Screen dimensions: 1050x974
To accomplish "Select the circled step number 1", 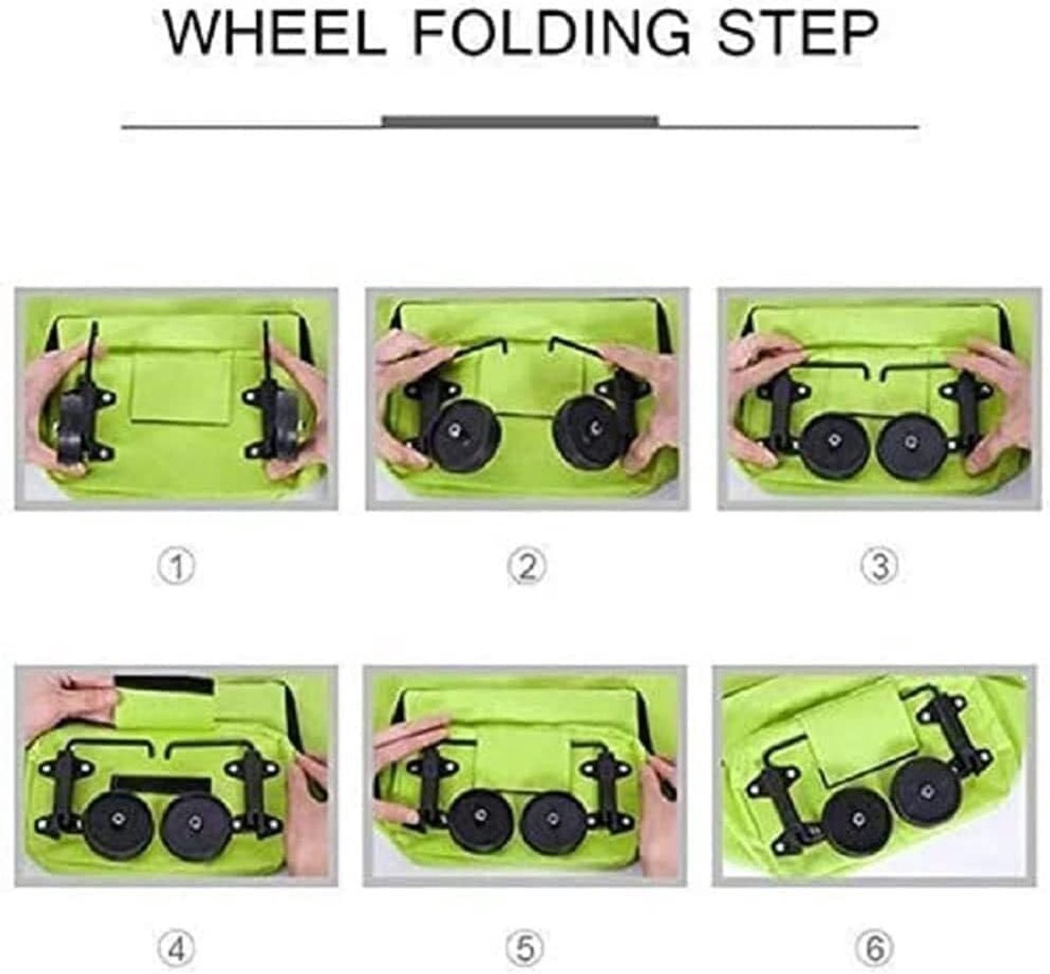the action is click(177, 567).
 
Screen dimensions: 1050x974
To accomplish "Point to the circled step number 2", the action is click(527, 567).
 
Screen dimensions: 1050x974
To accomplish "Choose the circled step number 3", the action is click(879, 566).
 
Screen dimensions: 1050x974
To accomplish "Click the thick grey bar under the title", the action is click(521, 121).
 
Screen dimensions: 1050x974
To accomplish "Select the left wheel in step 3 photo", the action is click(832, 442).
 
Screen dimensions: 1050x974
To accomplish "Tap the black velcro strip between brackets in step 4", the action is click(162, 783).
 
